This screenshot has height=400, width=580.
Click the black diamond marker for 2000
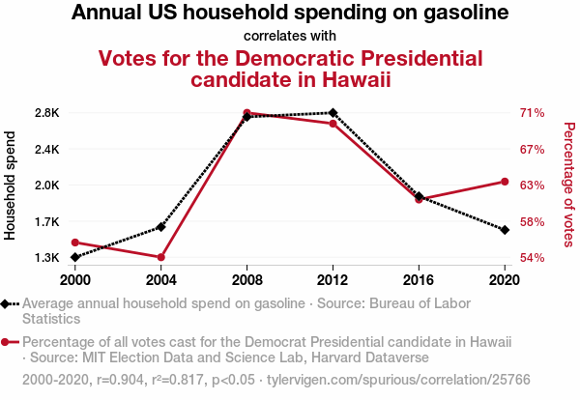coord(75,257)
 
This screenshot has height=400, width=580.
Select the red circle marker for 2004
coord(161,257)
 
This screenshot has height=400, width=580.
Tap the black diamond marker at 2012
coord(333,113)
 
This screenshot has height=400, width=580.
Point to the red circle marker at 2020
coord(505,182)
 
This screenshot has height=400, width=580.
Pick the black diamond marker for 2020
coord(505,229)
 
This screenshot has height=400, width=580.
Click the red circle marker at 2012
coord(333,124)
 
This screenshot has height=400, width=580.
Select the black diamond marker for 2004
coord(161,226)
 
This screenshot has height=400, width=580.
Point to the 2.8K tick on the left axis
coord(46,113)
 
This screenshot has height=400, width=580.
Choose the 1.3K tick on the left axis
coord(46,258)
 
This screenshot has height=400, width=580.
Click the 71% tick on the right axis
coord(533,113)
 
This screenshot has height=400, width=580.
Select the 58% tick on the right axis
coord(533,222)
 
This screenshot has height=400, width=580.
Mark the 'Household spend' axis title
coord(12,186)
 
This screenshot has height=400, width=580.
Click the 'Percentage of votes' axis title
coord(568,184)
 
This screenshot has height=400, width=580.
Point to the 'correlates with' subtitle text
coord(290,37)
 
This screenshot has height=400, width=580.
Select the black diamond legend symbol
coord(9,303)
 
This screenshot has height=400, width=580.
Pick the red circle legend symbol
coord(9,342)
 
